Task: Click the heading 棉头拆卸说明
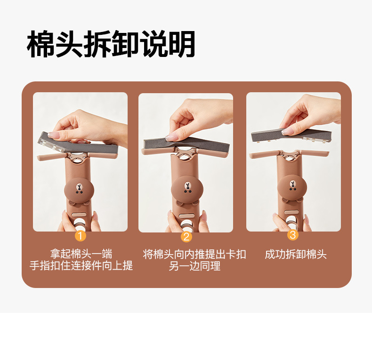(x=111, y=44)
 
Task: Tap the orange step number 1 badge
(x=80, y=236)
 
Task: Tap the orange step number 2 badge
(x=186, y=236)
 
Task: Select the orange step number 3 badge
(x=293, y=235)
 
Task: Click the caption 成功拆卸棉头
(x=296, y=255)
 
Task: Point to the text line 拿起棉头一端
(x=81, y=254)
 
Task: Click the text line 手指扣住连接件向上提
(x=81, y=265)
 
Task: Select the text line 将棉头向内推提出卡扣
(x=194, y=255)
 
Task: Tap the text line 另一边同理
(x=194, y=266)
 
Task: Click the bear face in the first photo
(x=79, y=190)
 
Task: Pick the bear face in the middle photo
(x=187, y=189)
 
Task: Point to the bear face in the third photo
(x=292, y=187)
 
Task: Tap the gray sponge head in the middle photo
(x=187, y=145)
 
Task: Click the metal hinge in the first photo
(x=77, y=157)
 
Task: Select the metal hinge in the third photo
(x=290, y=156)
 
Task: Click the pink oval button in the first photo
(x=79, y=215)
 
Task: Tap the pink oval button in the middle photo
(x=186, y=216)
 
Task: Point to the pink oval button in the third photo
(x=291, y=212)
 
